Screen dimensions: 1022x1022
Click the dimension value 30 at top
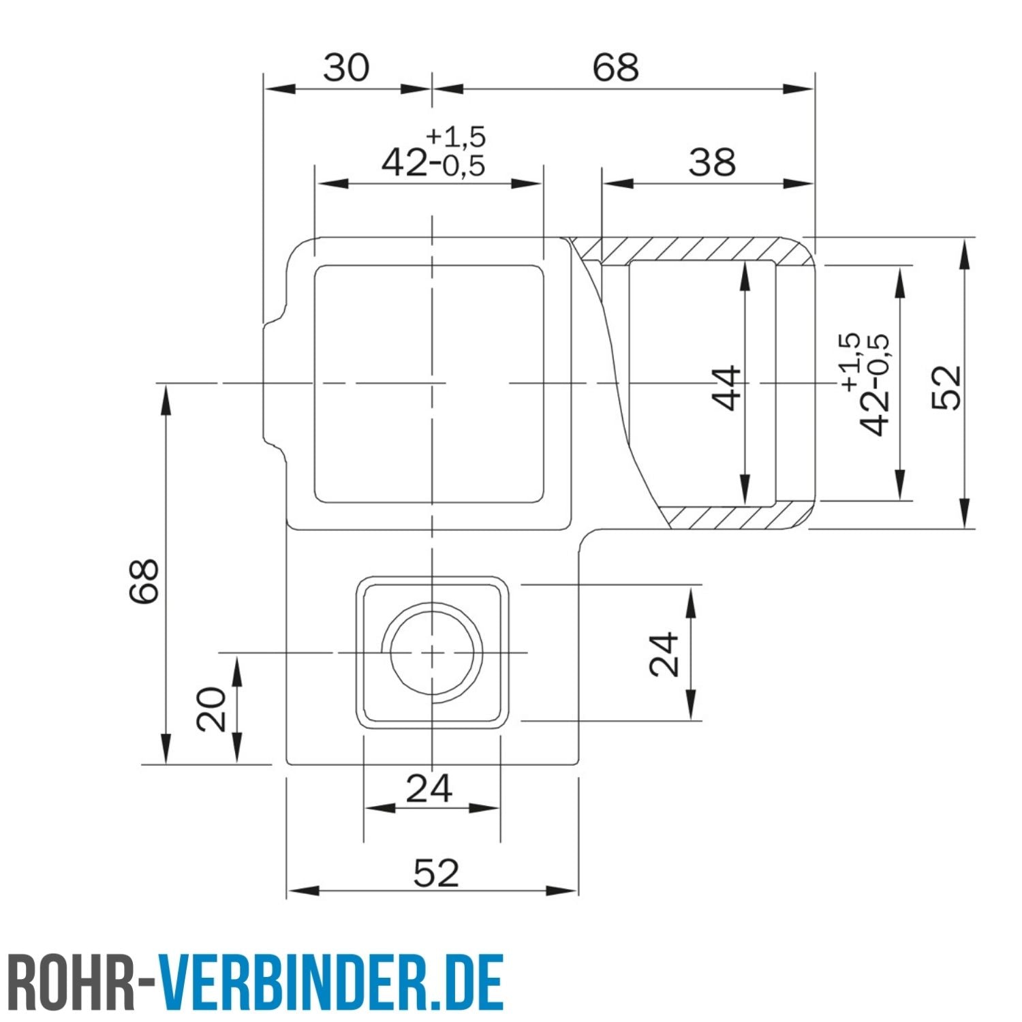[x=346, y=67]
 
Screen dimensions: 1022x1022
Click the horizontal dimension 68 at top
[x=615, y=67]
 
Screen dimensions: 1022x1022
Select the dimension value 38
[x=712, y=163]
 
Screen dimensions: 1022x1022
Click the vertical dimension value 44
[x=727, y=388]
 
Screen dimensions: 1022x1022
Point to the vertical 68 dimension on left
[x=144, y=580]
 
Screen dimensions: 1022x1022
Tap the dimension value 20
[x=211, y=709]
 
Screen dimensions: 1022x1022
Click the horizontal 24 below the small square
[x=429, y=788]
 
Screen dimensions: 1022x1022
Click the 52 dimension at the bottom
[x=436, y=873]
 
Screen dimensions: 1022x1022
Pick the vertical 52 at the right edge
[x=947, y=387]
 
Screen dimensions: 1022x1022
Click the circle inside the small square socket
[x=433, y=652]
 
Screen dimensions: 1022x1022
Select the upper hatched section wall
[x=688, y=249]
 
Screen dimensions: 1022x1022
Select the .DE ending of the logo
[x=469, y=982]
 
